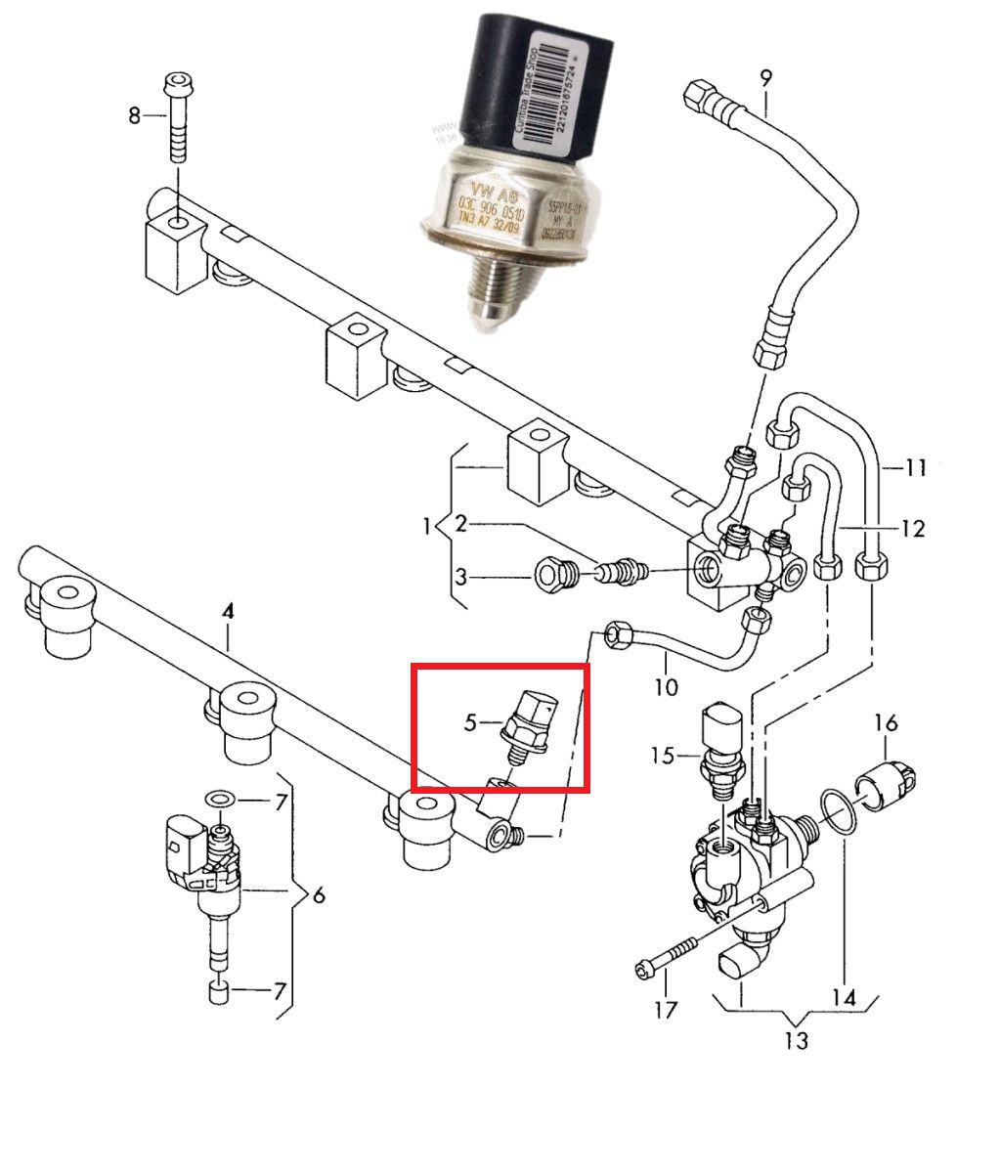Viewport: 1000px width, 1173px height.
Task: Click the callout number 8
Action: click(135, 115)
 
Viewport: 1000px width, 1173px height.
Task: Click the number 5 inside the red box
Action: click(470, 723)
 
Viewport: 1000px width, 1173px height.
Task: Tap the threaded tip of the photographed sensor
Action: click(487, 298)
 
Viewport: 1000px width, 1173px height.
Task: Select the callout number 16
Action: click(886, 723)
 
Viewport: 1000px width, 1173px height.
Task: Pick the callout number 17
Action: click(665, 1009)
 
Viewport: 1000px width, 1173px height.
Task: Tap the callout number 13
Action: click(797, 1040)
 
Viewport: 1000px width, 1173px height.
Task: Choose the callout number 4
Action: click(228, 612)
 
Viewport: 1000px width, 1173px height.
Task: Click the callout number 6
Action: click(318, 894)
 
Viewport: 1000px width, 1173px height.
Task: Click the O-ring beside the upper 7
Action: click(221, 801)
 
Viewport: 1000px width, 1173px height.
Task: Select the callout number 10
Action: click(666, 686)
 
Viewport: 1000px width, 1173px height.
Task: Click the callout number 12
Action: click(912, 529)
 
